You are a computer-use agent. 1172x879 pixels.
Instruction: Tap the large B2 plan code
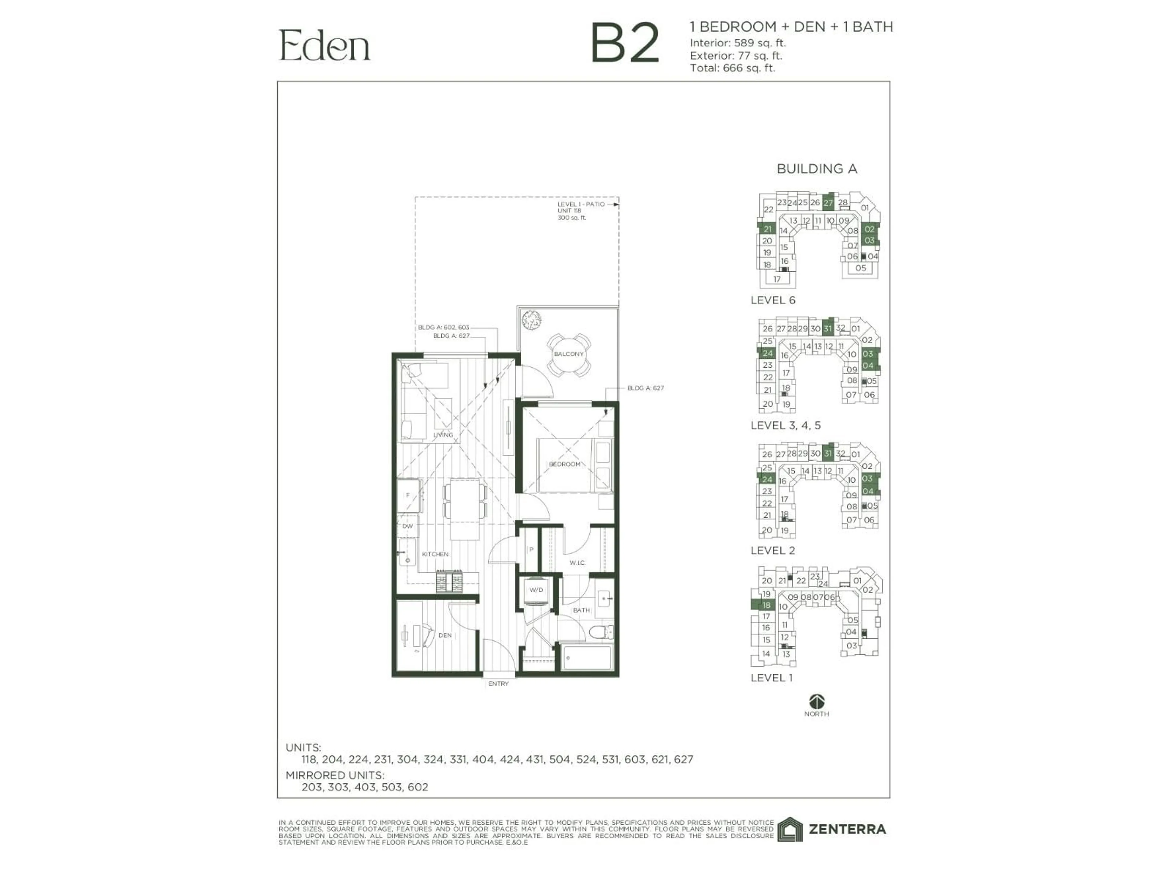click(625, 43)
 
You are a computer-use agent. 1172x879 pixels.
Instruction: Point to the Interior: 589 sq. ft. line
click(737, 43)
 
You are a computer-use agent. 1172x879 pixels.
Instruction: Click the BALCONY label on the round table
click(569, 354)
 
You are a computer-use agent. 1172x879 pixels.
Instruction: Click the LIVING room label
click(443, 435)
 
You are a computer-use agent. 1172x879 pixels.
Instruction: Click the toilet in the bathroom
click(601, 632)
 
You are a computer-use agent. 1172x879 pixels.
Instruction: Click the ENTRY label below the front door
click(498, 684)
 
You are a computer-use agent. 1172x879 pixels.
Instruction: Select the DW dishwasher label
click(407, 526)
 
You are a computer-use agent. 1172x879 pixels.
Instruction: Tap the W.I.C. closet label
click(577, 563)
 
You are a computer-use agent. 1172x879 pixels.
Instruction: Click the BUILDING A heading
click(816, 169)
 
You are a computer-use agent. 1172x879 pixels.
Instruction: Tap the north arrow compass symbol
click(816, 701)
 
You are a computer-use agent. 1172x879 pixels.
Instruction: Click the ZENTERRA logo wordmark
click(847, 829)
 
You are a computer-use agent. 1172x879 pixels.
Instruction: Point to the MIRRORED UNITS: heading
click(335, 775)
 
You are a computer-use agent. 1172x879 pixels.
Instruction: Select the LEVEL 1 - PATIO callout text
click(581, 204)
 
